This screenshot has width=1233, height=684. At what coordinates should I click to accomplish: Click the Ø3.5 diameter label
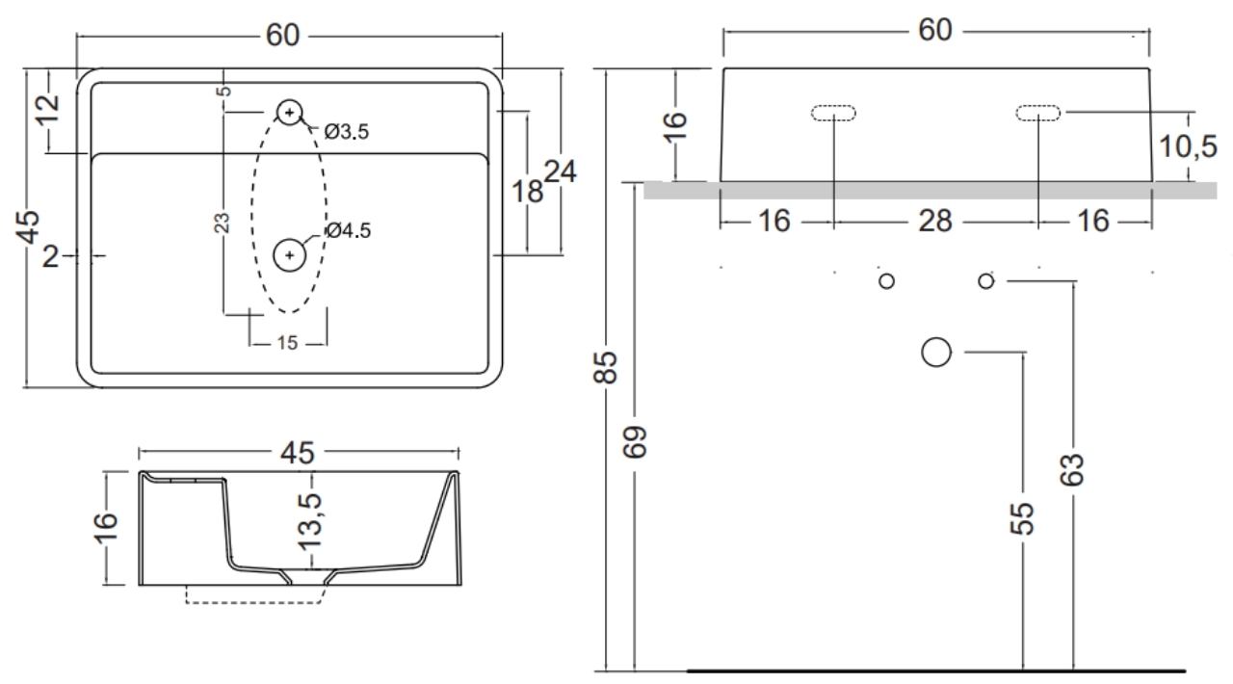click(x=346, y=132)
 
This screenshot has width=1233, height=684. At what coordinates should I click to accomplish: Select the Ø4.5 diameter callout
click(x=349, y=230)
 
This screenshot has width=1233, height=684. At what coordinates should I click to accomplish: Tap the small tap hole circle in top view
click(x=290, y=113)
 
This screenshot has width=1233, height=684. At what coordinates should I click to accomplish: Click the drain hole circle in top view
click(x=290, y=255)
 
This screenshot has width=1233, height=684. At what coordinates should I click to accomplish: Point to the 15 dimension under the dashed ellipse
click(x=287, y=343)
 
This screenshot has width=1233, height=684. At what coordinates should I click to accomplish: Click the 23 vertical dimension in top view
click(x=222, y=223)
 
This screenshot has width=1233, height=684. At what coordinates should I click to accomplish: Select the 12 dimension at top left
click(x=48, y=110)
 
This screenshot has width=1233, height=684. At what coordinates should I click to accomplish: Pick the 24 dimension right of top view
click(x=561, y=171)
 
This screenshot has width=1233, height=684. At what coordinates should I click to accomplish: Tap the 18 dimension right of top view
click(x=527, y=192)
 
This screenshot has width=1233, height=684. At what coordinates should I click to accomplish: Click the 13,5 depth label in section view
click(x=309, y=521)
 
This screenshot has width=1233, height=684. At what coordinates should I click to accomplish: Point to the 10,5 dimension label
click(x=1188, y=146)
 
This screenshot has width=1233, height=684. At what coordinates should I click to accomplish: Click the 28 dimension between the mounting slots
click(x=935, y=222)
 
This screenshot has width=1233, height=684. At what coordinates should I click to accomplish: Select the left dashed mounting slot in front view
click(x=833, y=113)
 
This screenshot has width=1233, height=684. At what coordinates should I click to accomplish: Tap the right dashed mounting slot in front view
click(x=1038, y=113)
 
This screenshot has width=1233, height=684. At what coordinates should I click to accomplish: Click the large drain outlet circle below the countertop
click(x=936, y=352)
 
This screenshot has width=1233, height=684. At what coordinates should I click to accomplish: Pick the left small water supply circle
click(x=887, y=281)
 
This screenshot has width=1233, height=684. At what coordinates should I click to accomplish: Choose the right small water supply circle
click(x=985, y=281)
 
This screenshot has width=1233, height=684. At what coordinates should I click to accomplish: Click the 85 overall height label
click(x=606, y=367)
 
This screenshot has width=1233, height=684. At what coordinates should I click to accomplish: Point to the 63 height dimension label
click(x=1072, y=470)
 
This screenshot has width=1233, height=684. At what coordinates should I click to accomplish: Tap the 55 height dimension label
click(x=1022, y=518)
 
